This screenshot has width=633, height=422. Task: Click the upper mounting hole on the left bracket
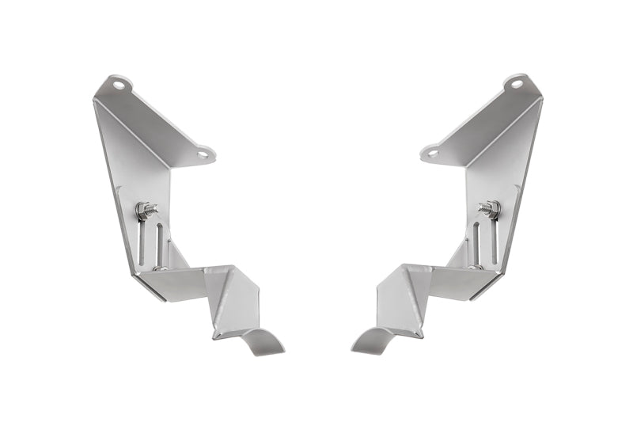(x=117, y=82)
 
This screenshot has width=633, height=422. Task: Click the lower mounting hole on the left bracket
(x=203, y=154)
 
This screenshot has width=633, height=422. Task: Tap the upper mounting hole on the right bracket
(x=516, y=82)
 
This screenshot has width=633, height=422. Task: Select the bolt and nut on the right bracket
(x=488, y=209)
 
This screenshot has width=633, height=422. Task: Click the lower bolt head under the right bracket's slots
(x=473, y=268)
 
